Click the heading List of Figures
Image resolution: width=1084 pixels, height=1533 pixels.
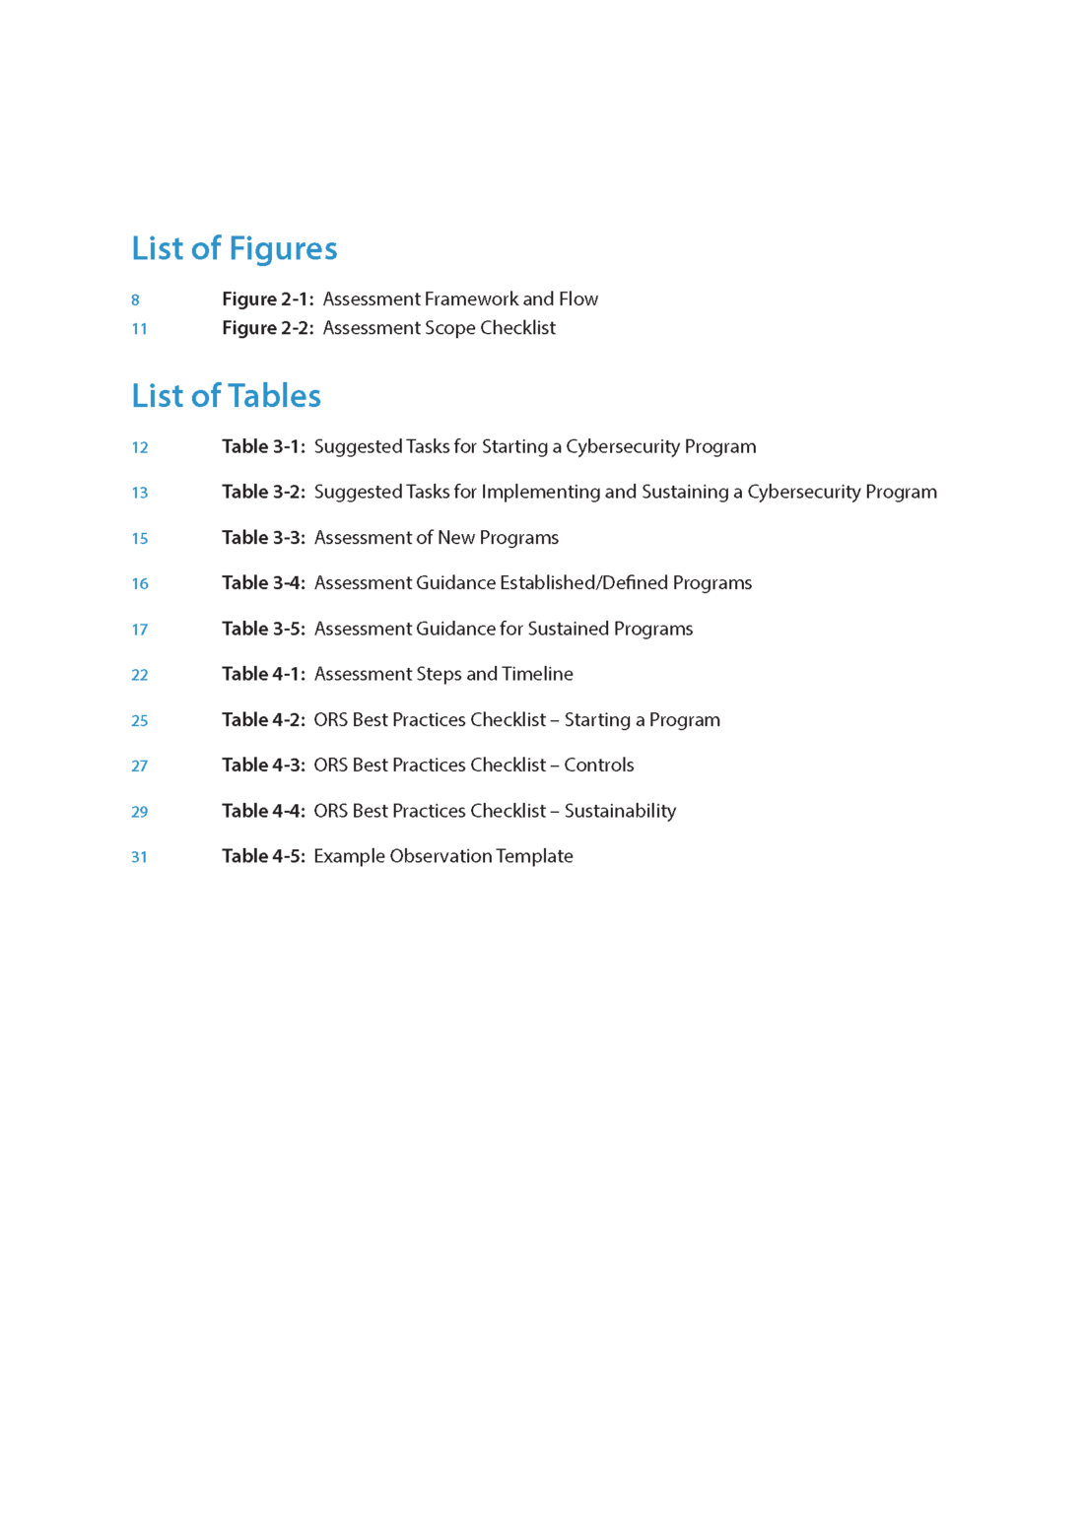(x=234, y=248)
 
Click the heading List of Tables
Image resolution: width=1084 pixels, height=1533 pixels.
(x=226, y=396)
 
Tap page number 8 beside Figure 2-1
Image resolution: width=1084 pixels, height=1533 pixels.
(x=135, y=300)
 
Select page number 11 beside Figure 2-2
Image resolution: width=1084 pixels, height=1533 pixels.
(x=139, y=329)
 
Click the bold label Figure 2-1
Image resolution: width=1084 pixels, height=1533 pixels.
(x=267, y=299)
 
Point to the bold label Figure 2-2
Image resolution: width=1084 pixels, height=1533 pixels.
(x=267, y=328)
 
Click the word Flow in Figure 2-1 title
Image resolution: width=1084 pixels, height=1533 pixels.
(x=578, y=299)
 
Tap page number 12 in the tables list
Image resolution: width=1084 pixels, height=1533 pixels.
(x=140, y=447)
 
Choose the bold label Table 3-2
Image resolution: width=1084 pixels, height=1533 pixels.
(x=263, y=492)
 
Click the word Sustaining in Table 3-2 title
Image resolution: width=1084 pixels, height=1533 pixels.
(x=684, y=492)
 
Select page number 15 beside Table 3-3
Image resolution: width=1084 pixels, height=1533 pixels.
(x=140, y=539)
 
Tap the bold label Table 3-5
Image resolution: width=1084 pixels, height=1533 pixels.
(x=263, y=629)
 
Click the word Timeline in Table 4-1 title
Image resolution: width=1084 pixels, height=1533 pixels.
(x=537, y=674)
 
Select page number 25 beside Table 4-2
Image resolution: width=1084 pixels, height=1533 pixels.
(x=140, y=721)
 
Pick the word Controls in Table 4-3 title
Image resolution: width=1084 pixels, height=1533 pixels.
(x=599, y=766)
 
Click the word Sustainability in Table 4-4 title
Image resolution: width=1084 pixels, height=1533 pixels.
(x=620, y=811)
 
